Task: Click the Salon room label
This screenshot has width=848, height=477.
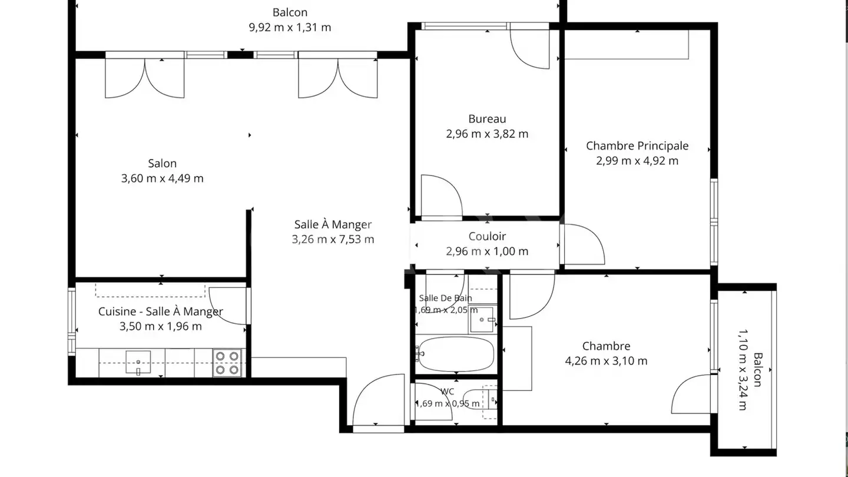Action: coord(162,164)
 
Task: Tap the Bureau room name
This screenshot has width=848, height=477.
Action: coord(487,119)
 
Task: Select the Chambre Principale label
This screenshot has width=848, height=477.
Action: coord(637,146)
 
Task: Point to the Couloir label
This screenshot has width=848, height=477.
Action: coord(487,236)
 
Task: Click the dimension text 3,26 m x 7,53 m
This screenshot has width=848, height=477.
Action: coord(333,239)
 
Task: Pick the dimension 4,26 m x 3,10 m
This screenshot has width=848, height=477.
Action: coord(606,361)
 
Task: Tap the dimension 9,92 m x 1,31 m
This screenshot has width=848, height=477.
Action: coord(290,27)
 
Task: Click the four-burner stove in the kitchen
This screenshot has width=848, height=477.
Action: coord(227,363)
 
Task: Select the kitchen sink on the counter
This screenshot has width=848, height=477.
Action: coord(138,362)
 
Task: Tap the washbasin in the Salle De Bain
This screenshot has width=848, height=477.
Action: coord(483,320)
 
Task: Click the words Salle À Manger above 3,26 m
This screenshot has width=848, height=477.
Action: coord(333,224)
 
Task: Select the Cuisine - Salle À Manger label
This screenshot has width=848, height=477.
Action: coord(161,312)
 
